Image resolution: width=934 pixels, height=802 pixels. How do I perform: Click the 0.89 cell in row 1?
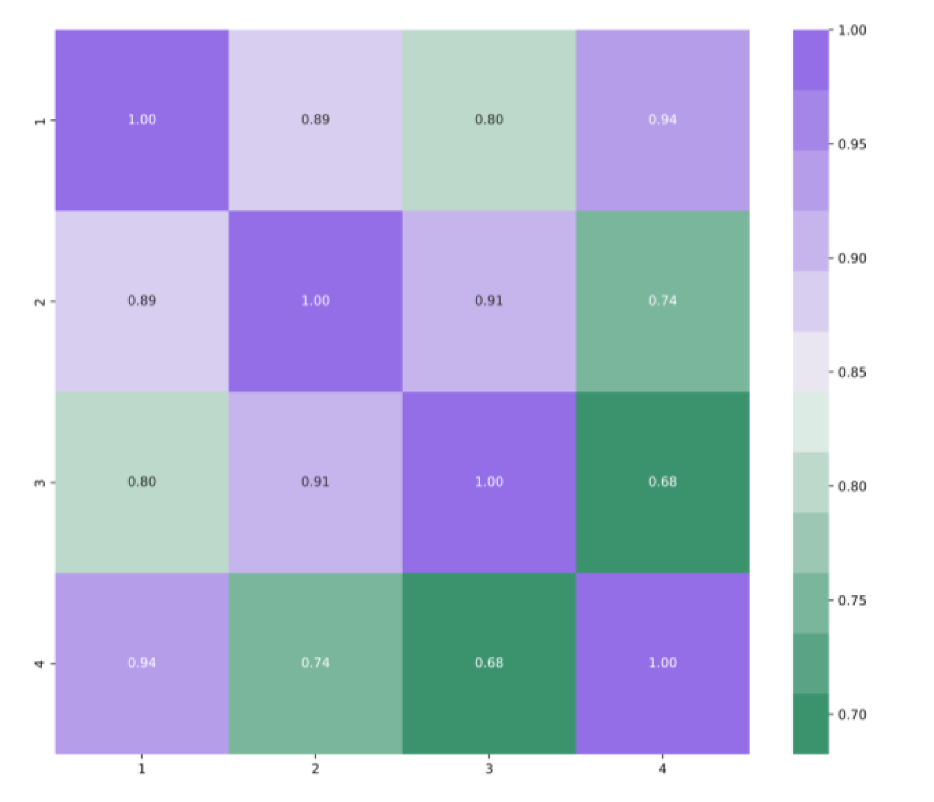[315, 120]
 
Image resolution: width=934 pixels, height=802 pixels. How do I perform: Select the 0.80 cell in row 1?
[489, 120]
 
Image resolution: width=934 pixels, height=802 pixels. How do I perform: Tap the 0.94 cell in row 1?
[662, 120]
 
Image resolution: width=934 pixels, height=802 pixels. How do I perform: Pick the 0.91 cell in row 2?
[489, 301]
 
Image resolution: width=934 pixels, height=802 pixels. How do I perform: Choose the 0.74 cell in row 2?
[662, 301]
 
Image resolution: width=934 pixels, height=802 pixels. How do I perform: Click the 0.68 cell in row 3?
[662, 482]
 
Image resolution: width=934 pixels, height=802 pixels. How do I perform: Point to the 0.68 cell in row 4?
[489, 663]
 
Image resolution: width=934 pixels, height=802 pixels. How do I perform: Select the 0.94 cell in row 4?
[142, 663]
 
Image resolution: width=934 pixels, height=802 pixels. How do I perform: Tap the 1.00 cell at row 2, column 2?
[315, 301]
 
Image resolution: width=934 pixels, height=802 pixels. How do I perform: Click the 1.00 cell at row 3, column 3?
[489, 482]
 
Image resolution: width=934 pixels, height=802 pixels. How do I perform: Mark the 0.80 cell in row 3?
[142, 482]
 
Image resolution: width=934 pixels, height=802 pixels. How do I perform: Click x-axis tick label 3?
[489, 769]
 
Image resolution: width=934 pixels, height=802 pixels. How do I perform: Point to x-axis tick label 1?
[142, 769]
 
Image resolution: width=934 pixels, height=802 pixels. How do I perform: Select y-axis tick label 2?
[40, 301]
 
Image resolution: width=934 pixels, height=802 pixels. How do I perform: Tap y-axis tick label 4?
[40, 663]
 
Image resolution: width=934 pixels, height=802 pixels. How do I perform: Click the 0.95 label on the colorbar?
[852, 145]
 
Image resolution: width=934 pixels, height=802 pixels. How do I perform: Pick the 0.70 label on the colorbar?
[852, 714]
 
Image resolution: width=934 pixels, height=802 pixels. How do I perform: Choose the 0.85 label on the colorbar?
[852, 372]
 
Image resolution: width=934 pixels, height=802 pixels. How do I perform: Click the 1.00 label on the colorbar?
[852, 31]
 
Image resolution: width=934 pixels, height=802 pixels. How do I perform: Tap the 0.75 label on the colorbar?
[852, 601]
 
